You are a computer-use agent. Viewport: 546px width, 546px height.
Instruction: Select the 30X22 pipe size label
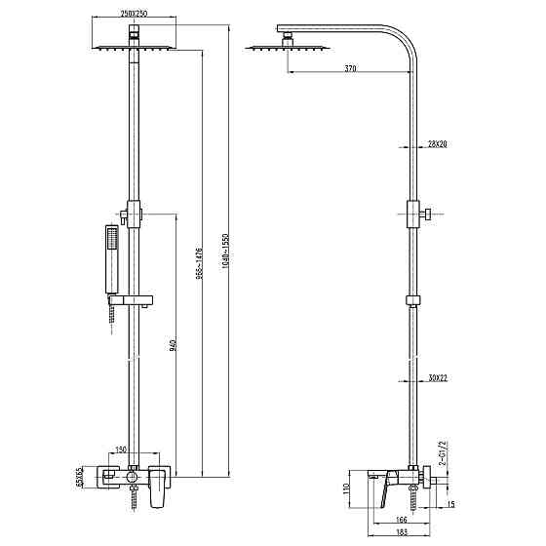436,377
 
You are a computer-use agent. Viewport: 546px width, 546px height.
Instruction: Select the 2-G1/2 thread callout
442,454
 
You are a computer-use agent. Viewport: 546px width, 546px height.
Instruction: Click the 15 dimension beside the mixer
450,504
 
